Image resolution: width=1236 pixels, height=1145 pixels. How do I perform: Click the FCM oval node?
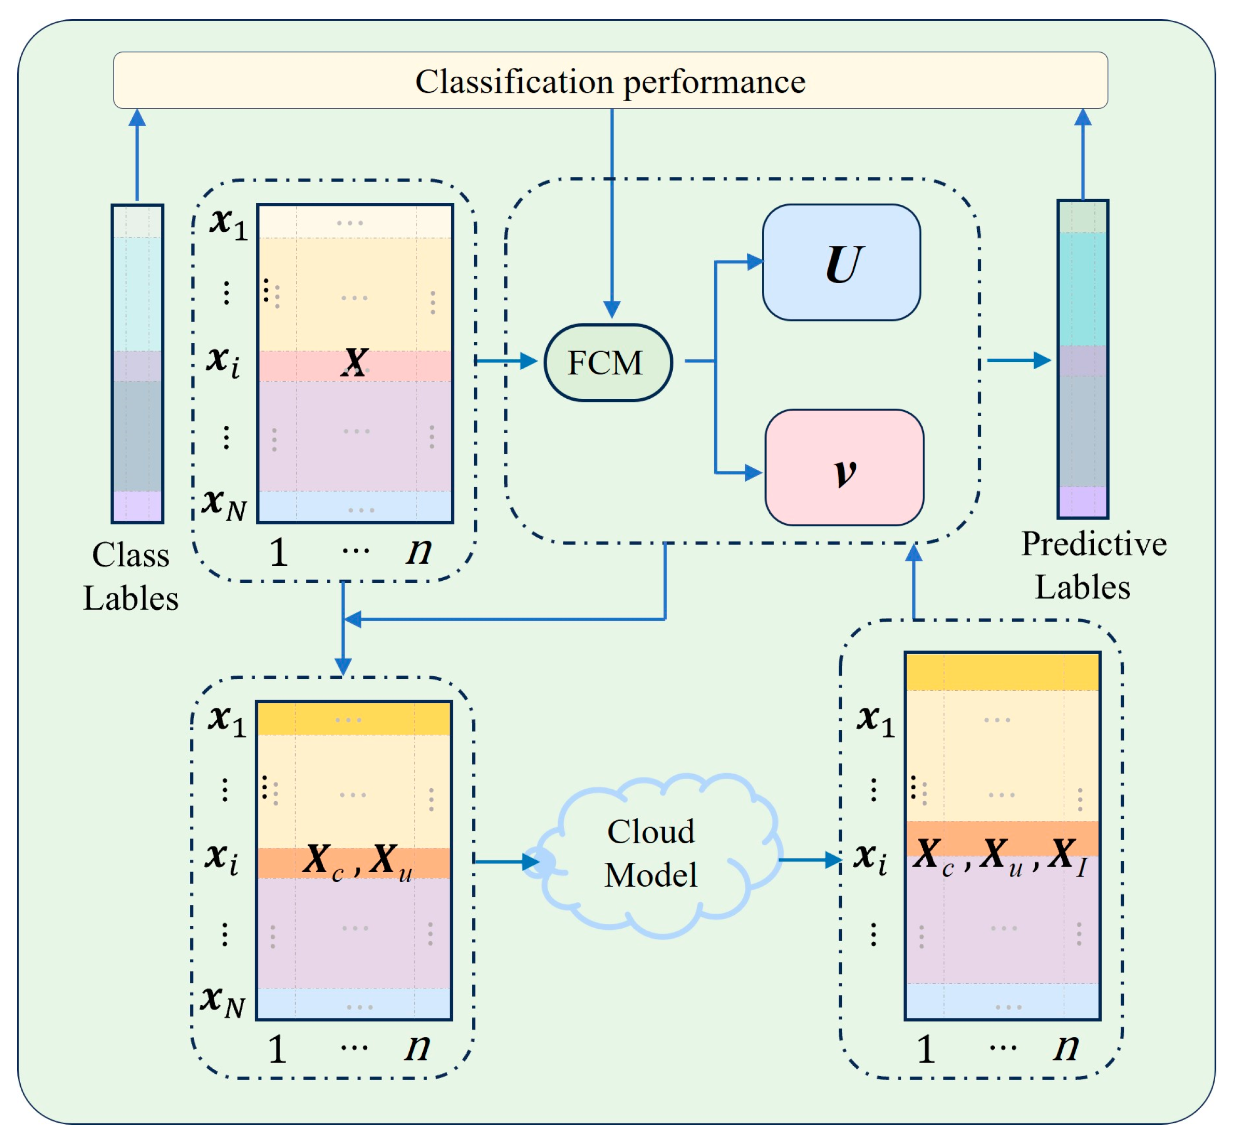608,362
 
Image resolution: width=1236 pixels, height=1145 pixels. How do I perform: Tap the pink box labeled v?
844,468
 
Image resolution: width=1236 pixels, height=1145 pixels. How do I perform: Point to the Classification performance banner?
610,80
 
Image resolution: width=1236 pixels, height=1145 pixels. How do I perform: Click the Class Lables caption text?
131,577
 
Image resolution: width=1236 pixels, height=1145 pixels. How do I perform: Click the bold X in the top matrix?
355,362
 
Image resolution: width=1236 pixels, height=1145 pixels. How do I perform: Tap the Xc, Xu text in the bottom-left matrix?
357,861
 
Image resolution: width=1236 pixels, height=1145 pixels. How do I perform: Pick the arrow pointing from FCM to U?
737,262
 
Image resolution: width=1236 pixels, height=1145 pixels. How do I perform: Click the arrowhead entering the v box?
753,473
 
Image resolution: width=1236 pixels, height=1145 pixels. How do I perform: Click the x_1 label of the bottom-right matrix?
876,721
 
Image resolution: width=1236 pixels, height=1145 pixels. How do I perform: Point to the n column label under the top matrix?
419,550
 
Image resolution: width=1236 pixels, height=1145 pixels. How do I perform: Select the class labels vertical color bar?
137,364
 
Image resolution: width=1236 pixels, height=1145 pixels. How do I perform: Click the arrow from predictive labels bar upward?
1082,155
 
